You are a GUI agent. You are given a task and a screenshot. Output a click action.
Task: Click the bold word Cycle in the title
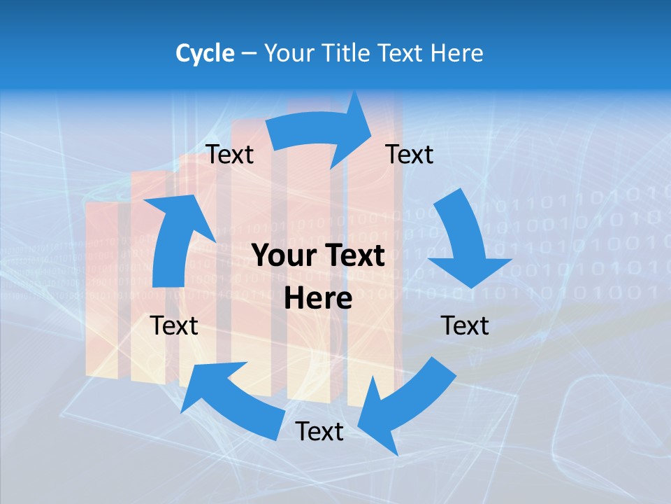coord(205,53)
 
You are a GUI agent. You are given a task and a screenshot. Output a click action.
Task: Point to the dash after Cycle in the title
coord(249,53)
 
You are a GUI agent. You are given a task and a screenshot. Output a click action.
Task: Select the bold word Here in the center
coord(318,299)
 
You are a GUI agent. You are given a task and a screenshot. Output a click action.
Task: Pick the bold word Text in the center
coord(354,256)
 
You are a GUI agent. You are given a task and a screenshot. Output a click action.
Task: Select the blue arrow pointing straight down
coord(465,241)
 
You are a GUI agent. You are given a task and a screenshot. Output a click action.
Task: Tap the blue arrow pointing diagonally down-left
coord(405,402)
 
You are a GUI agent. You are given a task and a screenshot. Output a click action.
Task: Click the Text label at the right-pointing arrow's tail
coord(230,154)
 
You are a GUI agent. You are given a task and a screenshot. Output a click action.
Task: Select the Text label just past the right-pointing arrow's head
coord(410,154)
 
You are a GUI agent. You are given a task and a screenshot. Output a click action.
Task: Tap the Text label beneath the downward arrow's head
coord(465,325)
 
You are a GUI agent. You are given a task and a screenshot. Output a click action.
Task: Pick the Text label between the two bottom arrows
coord(319,431)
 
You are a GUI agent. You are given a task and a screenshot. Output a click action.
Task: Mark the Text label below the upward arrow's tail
coord(174,325)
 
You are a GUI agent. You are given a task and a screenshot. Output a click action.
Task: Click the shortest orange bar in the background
coord(102,287)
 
